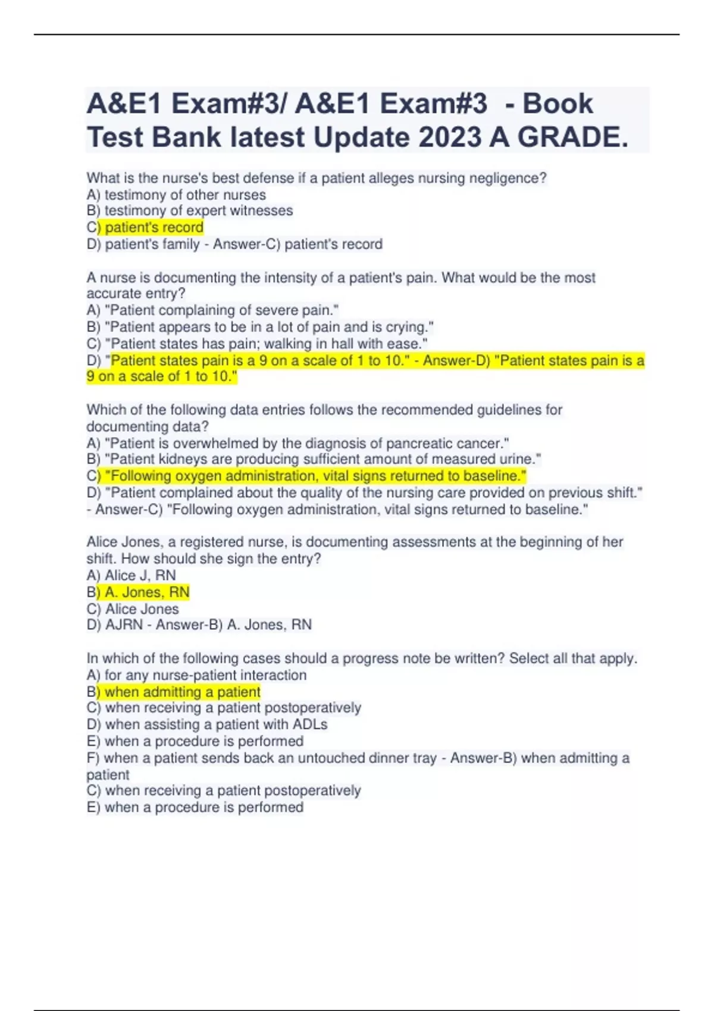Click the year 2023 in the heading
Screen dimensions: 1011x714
[x=450, y=137]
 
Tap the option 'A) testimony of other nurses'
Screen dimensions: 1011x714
[x=176, y=194]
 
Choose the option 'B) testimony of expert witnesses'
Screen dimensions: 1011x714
[x=190, y=211]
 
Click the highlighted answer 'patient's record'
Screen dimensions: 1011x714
[x=154, y=227]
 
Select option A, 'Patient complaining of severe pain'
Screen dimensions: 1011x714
[x=212, y=310]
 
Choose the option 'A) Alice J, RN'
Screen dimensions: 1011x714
[x=131, y=575]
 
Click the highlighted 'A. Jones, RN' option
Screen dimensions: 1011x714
[x=143, y=592]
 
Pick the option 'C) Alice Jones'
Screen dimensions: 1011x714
[x=132, y=608]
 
